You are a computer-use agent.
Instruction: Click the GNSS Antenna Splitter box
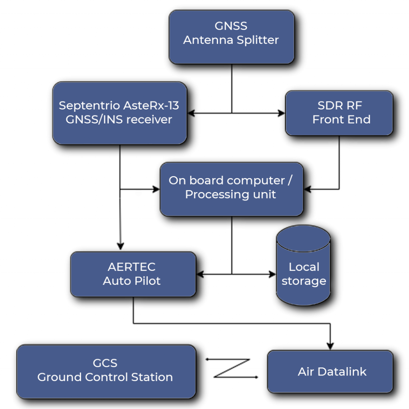coord(232,37)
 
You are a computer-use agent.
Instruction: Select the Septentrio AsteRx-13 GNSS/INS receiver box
coord(120,113)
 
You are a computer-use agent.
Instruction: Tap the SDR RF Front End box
coord(339,113)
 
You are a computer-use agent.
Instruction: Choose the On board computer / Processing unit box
coord(232,189)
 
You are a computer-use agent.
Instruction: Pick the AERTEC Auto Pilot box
coord(133,274)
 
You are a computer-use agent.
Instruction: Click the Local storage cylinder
coord(304,265)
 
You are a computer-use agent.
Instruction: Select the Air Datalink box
coord(330,371)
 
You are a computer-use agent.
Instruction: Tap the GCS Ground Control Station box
coord(106,371)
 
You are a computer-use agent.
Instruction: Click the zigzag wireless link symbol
coord(232,368)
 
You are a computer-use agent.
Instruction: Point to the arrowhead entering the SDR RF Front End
coord(282,113)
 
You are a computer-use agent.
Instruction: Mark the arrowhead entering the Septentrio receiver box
coord(191,113)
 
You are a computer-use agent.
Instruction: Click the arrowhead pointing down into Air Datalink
coord(330,346)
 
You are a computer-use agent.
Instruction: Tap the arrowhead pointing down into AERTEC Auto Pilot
coord(120,246)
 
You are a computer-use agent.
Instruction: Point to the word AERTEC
coord(132,267)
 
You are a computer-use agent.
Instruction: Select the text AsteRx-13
coord(151,105)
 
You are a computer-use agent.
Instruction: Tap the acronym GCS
coord(105,363)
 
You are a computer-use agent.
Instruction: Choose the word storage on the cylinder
coord(304,281)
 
